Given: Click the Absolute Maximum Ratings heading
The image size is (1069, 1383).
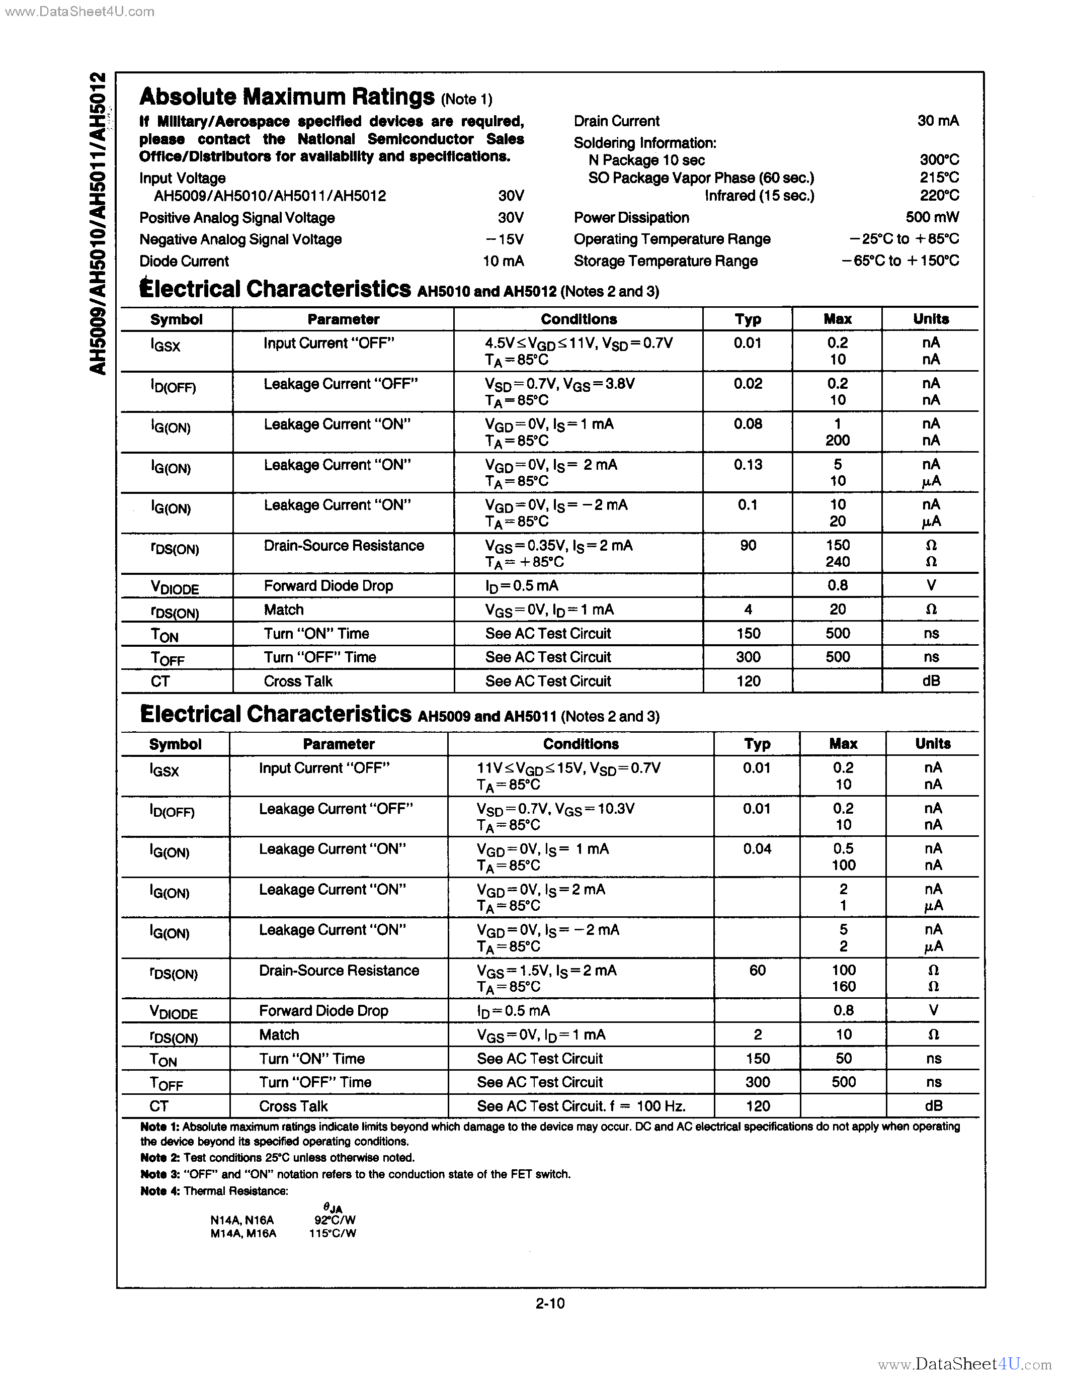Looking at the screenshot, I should click(x=286, y=97).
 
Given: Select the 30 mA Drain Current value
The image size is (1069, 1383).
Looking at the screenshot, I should click(x=937, y=121).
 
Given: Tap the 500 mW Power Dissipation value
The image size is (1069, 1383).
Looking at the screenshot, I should click(x=932, y=218).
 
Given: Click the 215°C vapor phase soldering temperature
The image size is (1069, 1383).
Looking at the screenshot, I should click(x=939, y=178).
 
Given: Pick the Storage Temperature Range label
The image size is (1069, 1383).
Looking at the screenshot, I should click(x=665, y=261).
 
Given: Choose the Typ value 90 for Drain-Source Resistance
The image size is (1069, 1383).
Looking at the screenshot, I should click(x=748, y=545).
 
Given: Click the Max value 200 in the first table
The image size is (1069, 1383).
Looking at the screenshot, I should click(x=837, y=441).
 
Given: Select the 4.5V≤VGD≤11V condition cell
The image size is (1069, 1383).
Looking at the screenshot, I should click(x=578, y=343).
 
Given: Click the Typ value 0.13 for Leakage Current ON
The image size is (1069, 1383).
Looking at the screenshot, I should click(x=748, y=465).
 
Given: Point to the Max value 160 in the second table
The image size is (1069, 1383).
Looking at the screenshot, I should click(x=843, y=987).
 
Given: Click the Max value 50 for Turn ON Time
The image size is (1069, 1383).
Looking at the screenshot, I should click(x=843, y=1059).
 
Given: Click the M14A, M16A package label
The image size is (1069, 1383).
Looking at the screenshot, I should click(x=243, y=1234).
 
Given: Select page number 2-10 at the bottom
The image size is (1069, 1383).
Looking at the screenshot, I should click(x=550, y=1303).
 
